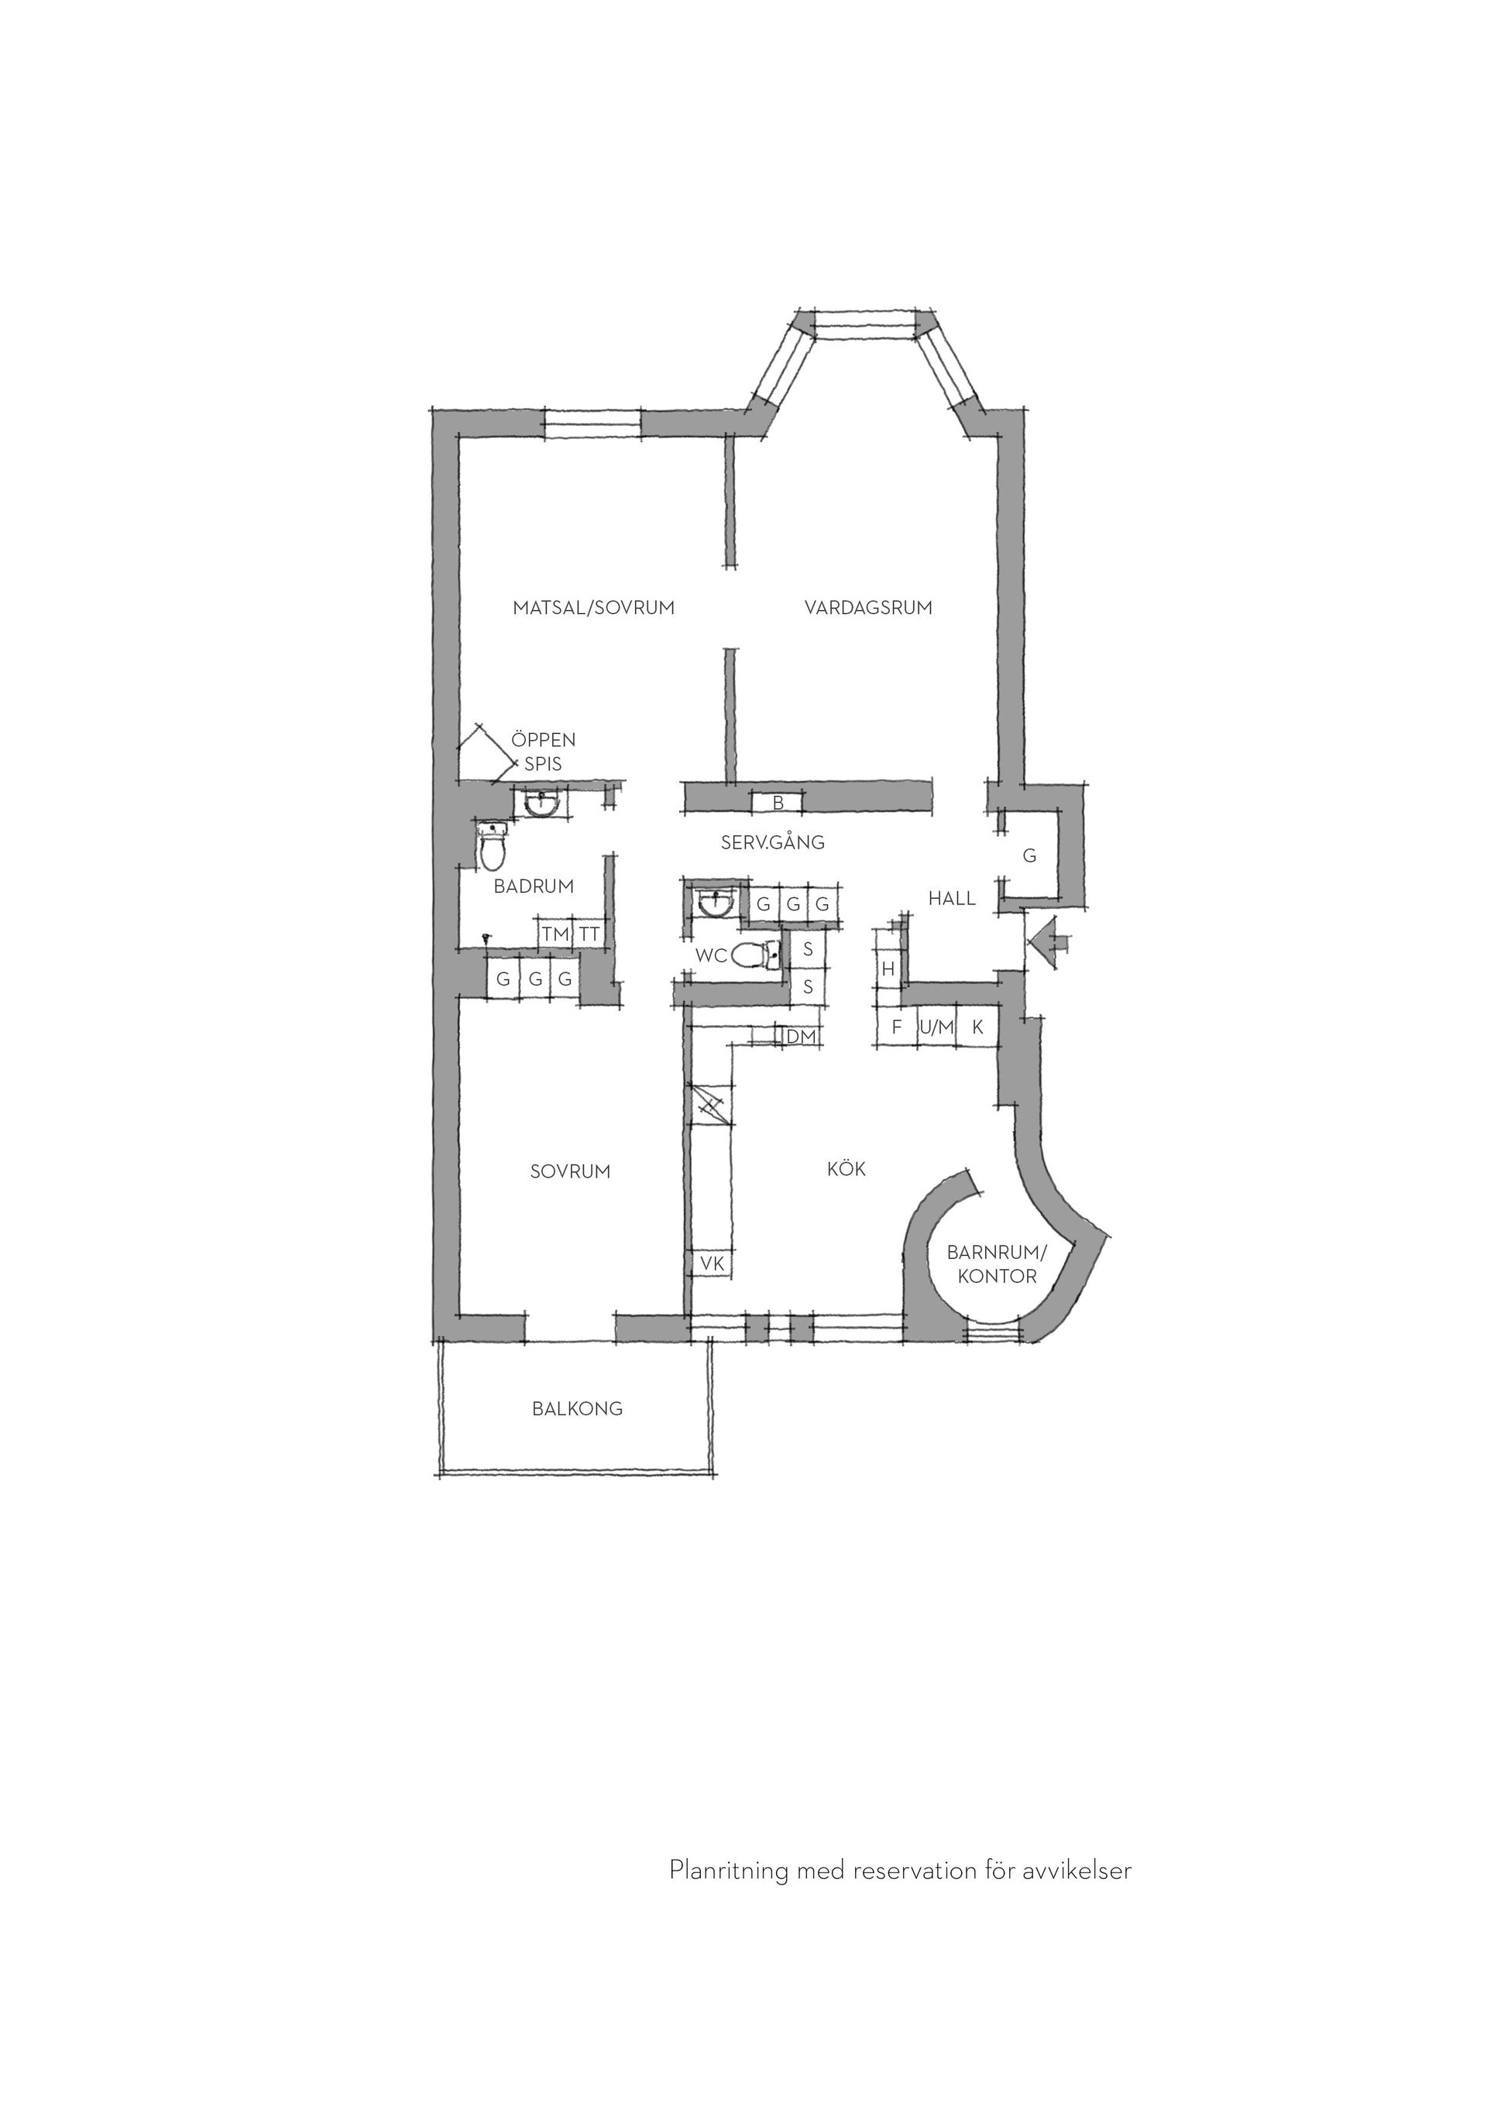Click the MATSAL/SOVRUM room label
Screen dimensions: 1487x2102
pos(593,607)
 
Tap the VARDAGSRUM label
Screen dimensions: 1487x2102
pos(868,607)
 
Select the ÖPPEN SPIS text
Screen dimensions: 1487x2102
pos(544,751)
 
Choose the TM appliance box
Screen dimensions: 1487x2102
pos(555,934)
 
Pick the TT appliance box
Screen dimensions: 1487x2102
pos(589,934)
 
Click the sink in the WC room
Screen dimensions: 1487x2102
pos(715,904)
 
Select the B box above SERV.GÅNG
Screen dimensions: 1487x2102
pos(778,803)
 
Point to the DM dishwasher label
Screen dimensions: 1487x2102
pos(801,1037)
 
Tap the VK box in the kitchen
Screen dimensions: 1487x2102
pos(713,1264)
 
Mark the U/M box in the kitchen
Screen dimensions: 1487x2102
pos(936,1027)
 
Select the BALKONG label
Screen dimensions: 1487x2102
pos(577,1409)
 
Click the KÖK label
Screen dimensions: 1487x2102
pos(846,1169)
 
